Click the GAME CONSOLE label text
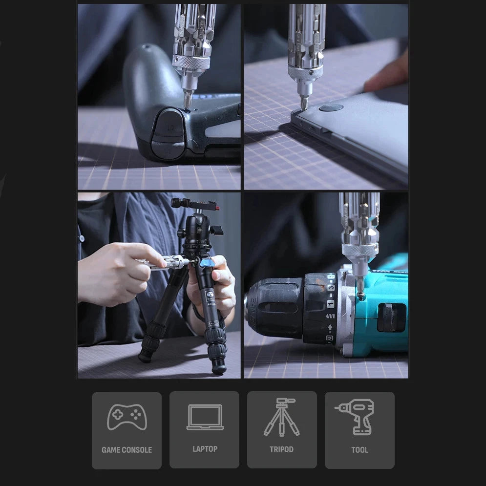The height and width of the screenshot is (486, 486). (127, 450)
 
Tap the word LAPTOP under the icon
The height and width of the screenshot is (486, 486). (205, 449)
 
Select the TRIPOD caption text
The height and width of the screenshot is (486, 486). (281, 449)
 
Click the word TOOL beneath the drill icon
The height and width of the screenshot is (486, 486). (359, 450)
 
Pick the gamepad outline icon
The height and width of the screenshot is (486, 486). (127, 417)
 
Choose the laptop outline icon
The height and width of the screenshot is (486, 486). (205, 417)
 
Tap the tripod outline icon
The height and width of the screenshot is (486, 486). (282, 417)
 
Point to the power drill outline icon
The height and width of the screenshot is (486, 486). (356, 417)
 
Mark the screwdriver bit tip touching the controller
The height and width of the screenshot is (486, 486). (188, 107)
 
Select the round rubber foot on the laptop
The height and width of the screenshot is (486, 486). (331, 108)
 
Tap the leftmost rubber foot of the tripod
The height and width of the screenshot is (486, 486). (145, 356)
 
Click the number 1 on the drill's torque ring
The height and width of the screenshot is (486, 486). (331, 304)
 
